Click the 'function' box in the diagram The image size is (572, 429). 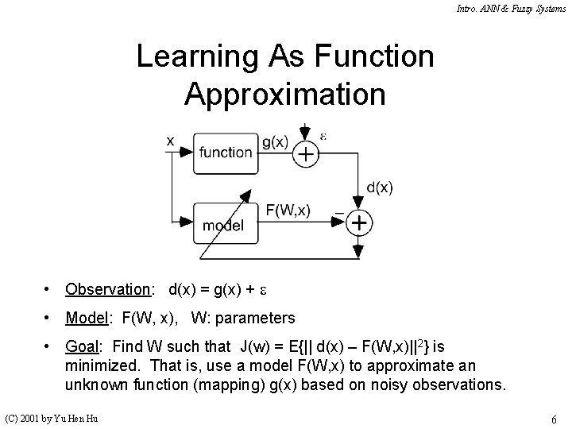click(226, 152)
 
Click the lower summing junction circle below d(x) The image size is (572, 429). click(359, 223)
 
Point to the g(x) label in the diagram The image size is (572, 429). click(274, 143)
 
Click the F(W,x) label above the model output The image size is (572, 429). click(288, 210)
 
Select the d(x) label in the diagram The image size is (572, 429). click(379, 187)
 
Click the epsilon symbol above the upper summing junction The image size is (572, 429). click(323, 134)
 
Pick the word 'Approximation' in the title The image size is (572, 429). click(285, 93)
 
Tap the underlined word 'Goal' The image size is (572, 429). click(83, 347)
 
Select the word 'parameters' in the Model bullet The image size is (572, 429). click(254, 318)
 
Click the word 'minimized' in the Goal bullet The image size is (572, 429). click(99, 366)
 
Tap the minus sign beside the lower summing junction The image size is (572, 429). click(339, 213)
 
